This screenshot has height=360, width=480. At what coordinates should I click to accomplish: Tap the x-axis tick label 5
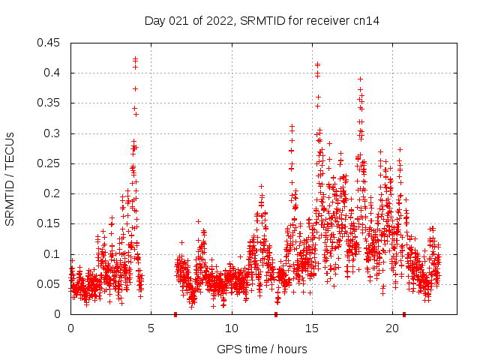click(151, 328)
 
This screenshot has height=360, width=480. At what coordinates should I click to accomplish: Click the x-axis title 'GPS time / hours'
click(263, 349)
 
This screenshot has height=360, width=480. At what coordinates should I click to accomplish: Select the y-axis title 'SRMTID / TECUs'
click(10, 178)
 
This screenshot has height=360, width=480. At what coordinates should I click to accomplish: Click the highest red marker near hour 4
click(135, 58)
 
